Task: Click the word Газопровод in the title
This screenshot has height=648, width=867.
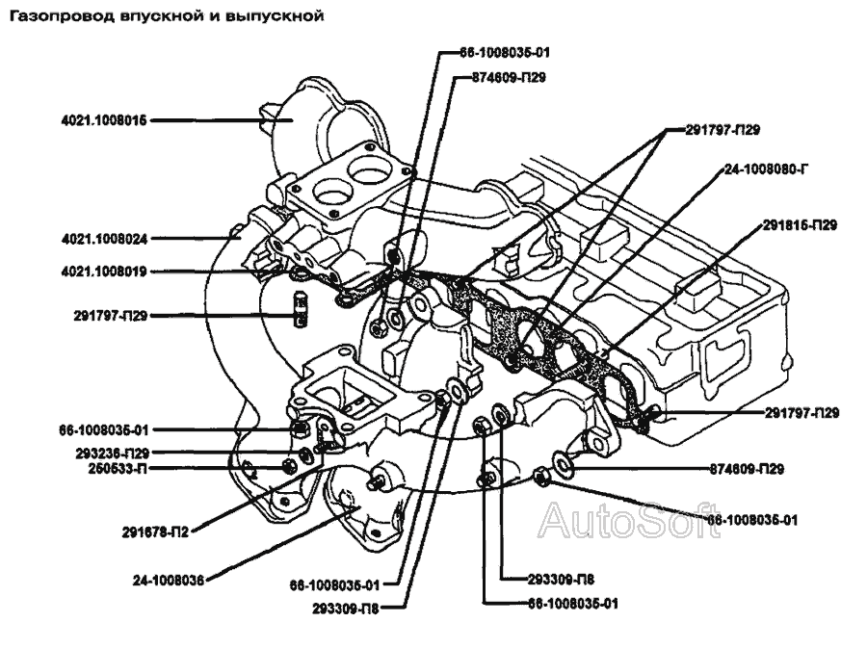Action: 56,16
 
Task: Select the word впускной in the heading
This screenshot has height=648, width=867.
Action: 163,16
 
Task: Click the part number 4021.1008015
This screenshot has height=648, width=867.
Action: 101,120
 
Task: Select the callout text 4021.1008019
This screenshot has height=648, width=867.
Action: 101,272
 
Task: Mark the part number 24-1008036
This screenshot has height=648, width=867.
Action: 169,581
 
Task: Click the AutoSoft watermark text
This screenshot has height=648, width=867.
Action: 626,522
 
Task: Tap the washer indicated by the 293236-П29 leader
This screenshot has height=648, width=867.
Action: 307,454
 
